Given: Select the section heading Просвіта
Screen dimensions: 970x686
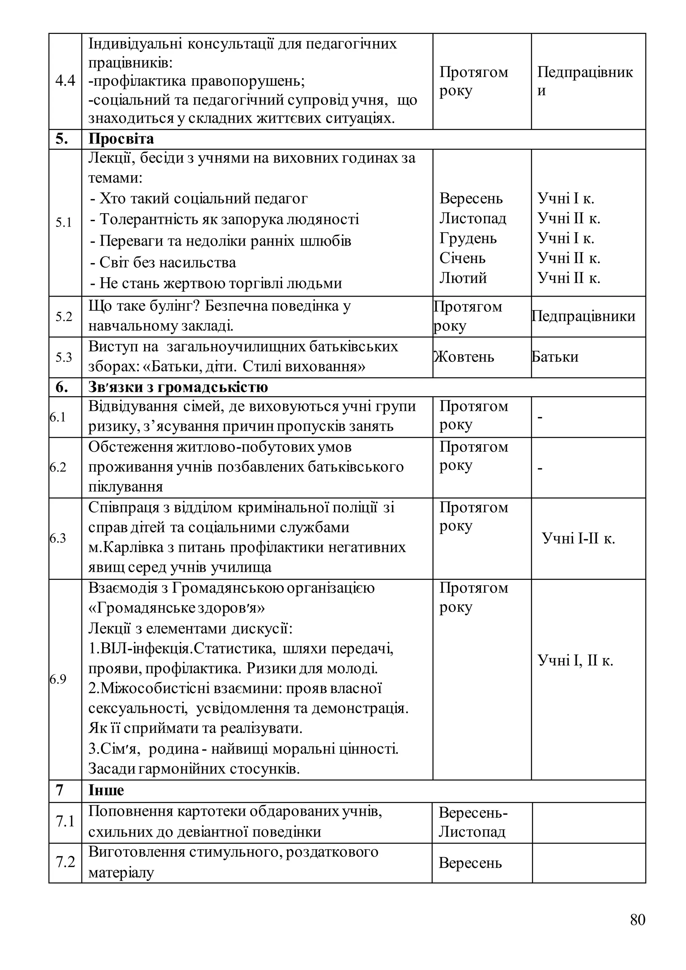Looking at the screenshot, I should click(x=121, y=139).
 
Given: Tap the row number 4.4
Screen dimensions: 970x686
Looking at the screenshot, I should click(x=65, y=80).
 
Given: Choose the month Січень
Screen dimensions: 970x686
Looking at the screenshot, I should click(x=462, y=258).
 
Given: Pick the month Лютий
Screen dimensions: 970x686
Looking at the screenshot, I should click(x=463, y=278).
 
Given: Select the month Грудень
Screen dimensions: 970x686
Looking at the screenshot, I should click(x=468, y=238).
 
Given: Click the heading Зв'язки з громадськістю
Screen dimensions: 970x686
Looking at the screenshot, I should click(x=178, y=387).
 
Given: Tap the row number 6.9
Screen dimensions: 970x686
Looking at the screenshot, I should click(x=58, y=679).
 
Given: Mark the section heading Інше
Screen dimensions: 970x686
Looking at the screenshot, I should click(x=106, y=790).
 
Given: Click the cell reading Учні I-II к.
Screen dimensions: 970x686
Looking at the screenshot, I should click(x=578, y=539).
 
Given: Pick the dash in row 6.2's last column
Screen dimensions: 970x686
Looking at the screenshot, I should click(x=540, y=468).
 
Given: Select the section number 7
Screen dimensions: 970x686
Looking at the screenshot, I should click(x=60, y=790).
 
